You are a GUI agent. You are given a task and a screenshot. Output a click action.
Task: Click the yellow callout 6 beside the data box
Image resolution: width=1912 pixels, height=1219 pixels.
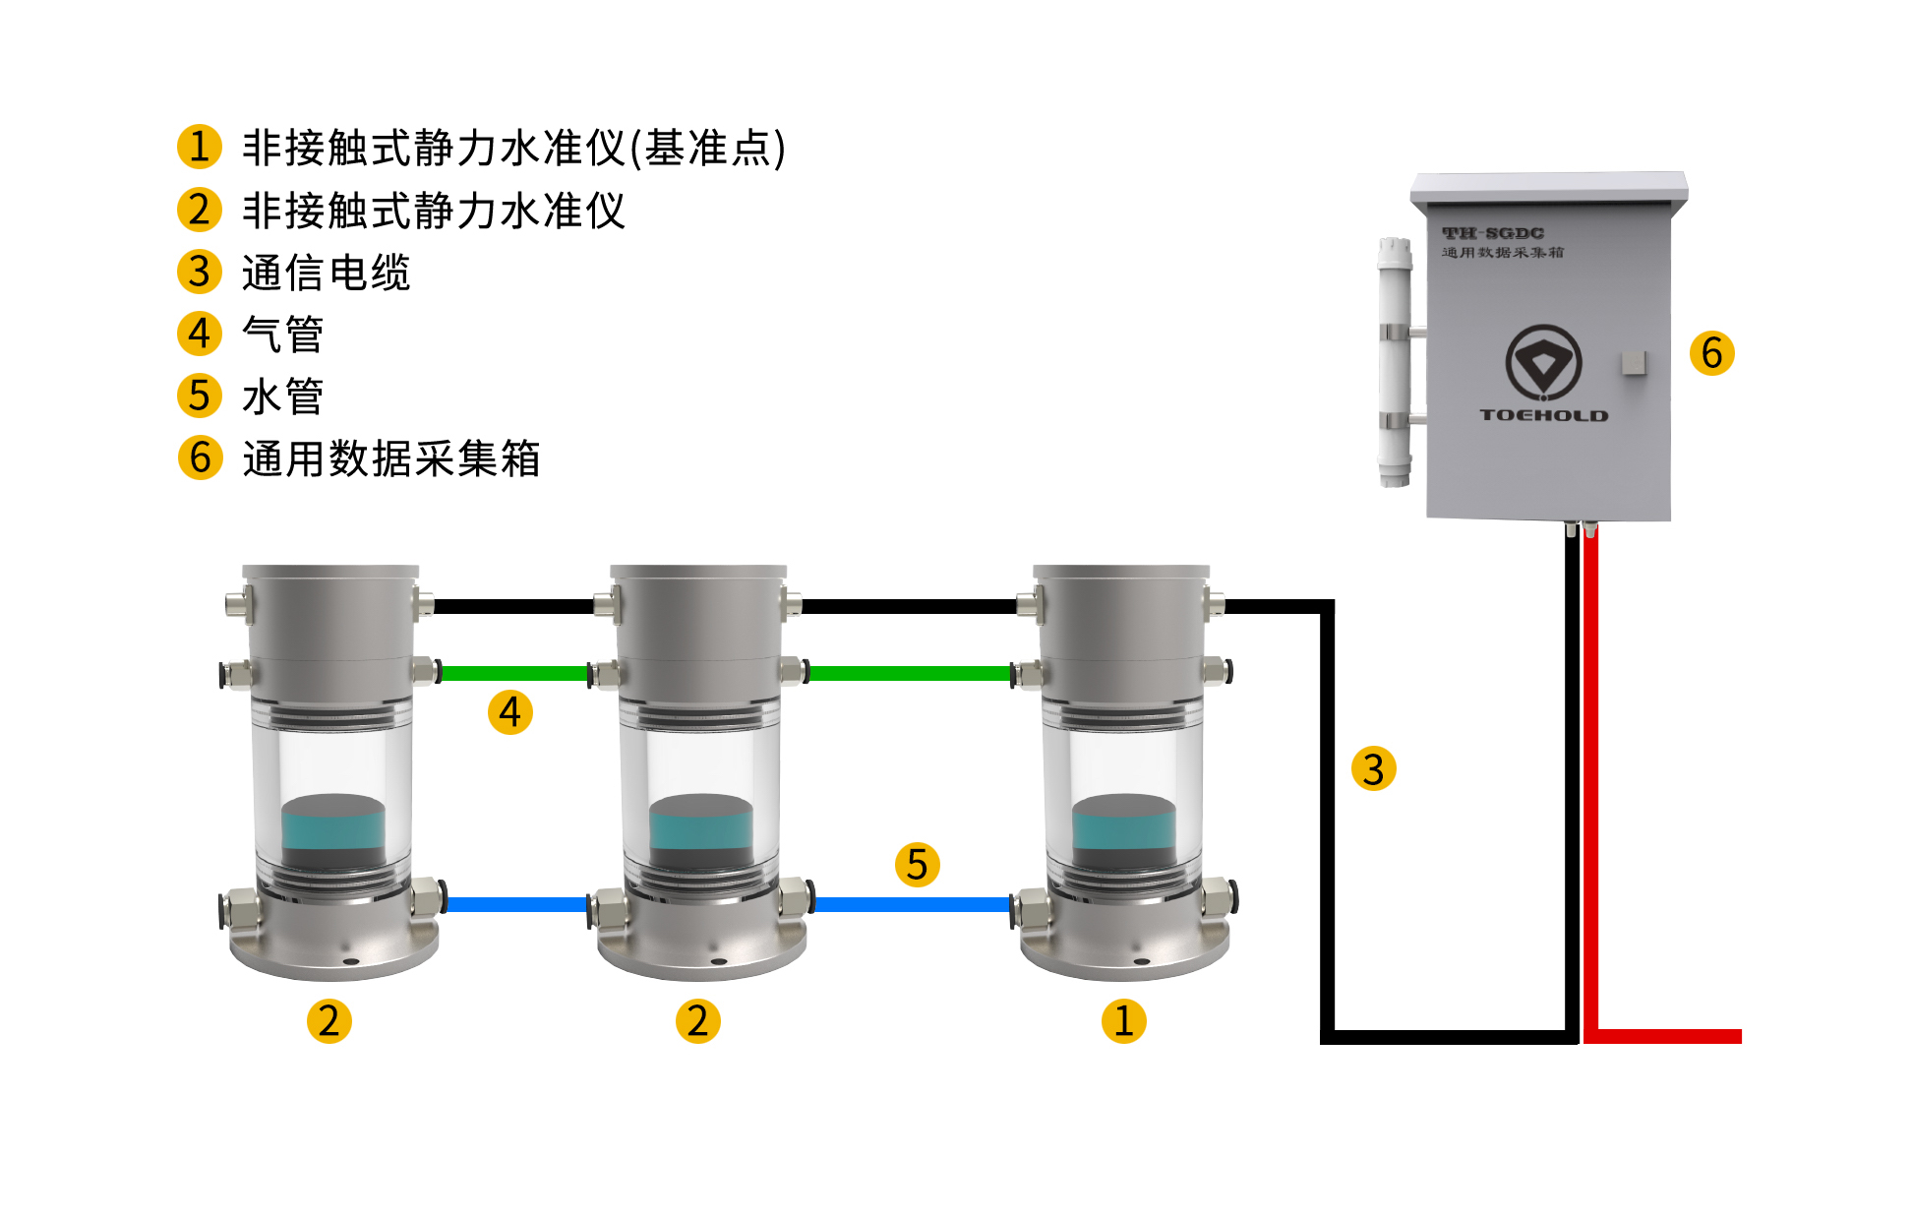click(1711, 353)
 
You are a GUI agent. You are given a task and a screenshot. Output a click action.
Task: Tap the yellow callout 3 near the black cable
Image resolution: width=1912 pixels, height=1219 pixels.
click(1373, 769)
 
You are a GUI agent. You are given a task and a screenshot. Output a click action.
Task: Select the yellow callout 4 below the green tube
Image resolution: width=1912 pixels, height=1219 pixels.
click(509, 712)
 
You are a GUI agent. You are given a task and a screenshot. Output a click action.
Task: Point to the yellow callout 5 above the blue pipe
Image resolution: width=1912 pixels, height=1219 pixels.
click(917, 865)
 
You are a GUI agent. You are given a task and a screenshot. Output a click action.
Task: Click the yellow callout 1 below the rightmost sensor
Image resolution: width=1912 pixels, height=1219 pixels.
click(1123, 1021)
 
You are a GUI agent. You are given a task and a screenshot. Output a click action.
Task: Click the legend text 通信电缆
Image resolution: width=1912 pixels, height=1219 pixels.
click(326, 273)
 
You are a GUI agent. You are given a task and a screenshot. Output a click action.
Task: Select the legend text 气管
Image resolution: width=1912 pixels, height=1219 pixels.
click(282, 335)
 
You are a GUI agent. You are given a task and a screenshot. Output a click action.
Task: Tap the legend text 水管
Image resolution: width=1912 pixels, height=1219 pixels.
click(282, 396)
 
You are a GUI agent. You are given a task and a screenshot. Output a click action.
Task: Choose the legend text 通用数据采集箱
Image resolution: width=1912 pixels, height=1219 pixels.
click(390, 458)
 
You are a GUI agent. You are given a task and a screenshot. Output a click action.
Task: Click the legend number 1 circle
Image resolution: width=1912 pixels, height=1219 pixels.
click(199, 147)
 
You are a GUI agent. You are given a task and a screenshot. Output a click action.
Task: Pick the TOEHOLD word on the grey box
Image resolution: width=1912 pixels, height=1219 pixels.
click(1543, 415)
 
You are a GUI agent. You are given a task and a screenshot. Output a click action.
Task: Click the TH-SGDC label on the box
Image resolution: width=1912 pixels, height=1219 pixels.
click(1492, 233)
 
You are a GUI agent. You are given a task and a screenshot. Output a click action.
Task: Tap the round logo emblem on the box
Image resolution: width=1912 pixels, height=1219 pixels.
click(1543, 362)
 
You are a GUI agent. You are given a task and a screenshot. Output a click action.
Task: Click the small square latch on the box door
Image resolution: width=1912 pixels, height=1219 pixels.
click(1633, 362)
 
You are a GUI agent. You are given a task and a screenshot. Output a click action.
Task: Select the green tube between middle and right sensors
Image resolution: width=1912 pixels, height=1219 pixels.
click(910, 674)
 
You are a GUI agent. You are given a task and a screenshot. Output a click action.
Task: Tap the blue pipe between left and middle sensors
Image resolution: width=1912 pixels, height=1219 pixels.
click(516, 904)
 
